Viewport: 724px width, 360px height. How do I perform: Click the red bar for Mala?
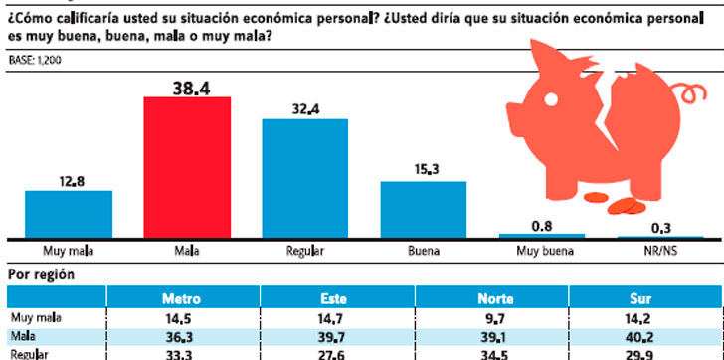(187, 167)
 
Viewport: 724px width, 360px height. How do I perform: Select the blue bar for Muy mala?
(68, 214)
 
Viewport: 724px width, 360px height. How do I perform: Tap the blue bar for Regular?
(304, 178)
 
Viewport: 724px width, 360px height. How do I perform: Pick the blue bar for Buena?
(424, 209)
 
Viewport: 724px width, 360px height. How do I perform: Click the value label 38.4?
(187, 87)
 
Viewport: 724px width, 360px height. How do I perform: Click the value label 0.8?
(542, 224)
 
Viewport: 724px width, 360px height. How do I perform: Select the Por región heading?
(42, 273)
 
